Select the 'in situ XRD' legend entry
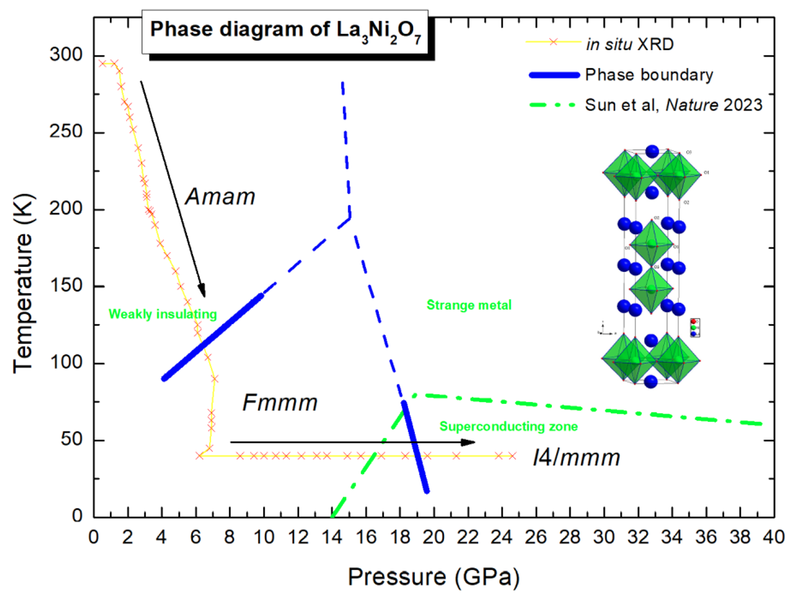[x=629, y=44]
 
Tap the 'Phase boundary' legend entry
[x=648, y=75]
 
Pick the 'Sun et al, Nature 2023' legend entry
[x=673, y=105]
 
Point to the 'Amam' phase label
[x=220, y=197]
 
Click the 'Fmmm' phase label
[x=280, y=403]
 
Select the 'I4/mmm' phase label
[x=576, y=457]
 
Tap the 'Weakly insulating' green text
[x=163, y=314]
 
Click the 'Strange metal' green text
[x=469, y=305]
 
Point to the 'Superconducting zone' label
[x=508, y=426]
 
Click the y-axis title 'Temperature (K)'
[x=23, y=283]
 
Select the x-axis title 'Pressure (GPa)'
[x=433, y=577]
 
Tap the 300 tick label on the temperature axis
[x=66, y=55]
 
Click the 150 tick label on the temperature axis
[x=66, y=286]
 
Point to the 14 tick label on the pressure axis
[x=332, y=537]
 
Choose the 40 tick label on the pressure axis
[x=773, y=537]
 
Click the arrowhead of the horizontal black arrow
[x=469, y=442]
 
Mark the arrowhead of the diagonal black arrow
[x=202, y=291]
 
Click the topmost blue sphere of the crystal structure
[x=652, y=151]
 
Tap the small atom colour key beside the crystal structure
[x=694, y=327]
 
